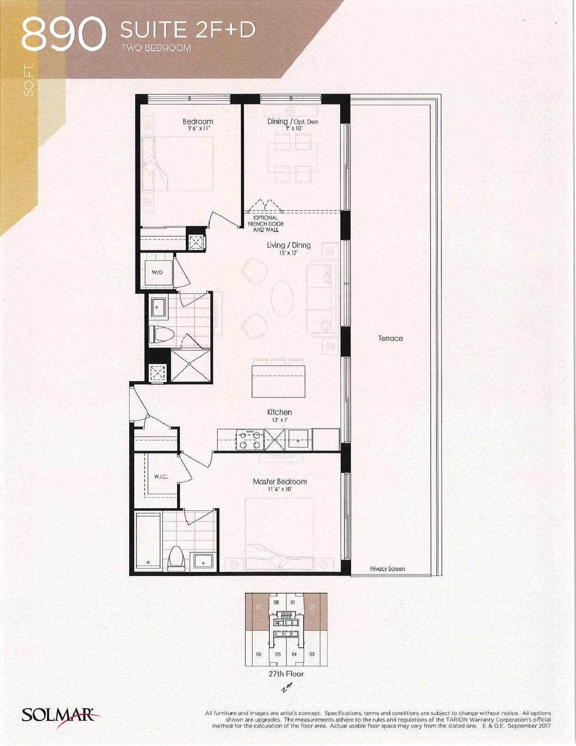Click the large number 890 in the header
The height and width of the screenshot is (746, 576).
click(63, 35)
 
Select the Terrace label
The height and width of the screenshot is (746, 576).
click(390, 339)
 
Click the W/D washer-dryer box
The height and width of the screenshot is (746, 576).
click(158, 273)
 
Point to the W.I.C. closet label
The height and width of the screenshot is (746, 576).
click(161, 477)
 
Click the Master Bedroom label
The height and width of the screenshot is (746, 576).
click(280, 482)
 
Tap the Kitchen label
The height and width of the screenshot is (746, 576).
click(280, 412)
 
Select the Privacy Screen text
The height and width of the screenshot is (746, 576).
click(387, 569)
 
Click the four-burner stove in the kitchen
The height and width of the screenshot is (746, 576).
click(250, 440)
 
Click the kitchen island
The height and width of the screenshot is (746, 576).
click(279, 381)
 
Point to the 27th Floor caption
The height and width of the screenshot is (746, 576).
click(286, 674)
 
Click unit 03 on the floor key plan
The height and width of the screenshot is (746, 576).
click(312, 654)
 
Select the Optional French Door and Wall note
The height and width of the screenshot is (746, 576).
click(266, 223)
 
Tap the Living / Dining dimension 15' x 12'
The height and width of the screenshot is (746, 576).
click(288, 253)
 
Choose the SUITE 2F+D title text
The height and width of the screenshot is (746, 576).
click(188, 30)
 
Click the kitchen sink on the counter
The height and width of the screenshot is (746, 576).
click(298, 439)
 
